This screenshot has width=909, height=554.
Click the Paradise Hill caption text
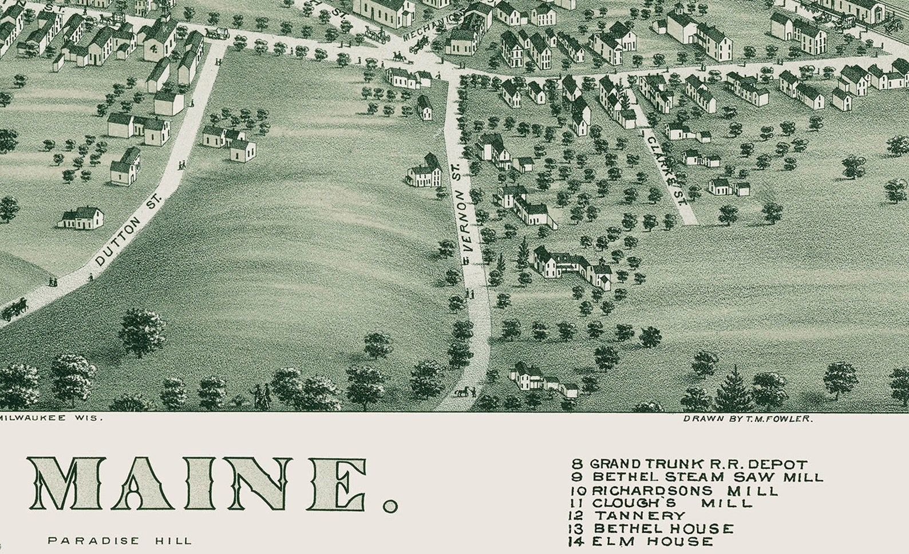(x=120, y=540)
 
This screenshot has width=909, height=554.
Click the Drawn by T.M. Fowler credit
(x=747, y=419)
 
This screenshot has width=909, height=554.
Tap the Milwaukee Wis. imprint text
(x=52, y=418)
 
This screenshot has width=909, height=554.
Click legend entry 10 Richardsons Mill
(x=674, y=491)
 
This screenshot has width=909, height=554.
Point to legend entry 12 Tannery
(x=626, y=516)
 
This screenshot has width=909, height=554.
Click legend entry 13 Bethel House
(x=651, y=529)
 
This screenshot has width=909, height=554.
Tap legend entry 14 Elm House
(x=641, y=541)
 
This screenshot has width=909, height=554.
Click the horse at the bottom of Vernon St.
(x=461, y=392)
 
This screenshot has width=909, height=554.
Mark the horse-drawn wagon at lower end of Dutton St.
(x=14, y=309)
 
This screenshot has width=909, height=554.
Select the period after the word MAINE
(x=390, y=505)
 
